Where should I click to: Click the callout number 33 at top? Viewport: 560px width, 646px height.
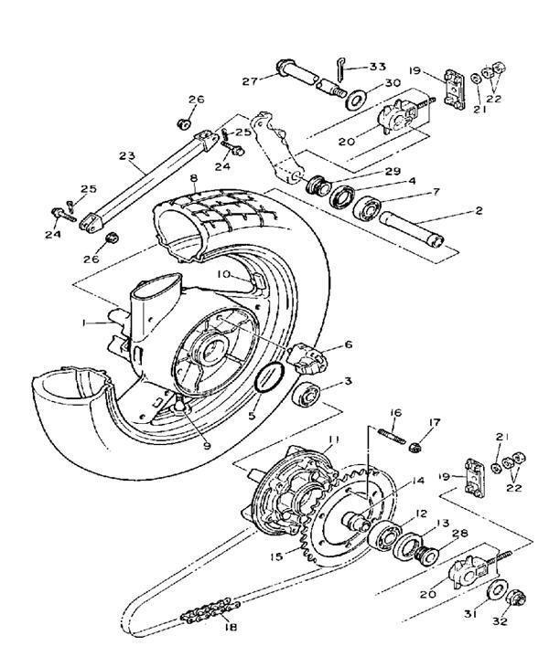tap(377, 67)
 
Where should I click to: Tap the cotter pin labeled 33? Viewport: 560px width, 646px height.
tap(339, 69)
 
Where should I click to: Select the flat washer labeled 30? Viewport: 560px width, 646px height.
tap(356, 101)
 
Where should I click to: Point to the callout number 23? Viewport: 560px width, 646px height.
tap(127, 156)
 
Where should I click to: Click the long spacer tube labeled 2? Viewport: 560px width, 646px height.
tap(412, 229)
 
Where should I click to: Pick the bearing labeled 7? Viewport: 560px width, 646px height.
tap(366, 210)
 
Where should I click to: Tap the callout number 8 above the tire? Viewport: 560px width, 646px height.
tap(194, 178)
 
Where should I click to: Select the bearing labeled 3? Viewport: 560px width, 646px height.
tap(306, 395)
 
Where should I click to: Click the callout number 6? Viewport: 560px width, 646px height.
tap(349, 344)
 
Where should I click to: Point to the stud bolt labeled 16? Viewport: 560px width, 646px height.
tap(392, 436)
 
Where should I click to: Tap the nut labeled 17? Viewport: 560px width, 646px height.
tap(415, 447)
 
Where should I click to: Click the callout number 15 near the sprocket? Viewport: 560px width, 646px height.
tap(276, 557)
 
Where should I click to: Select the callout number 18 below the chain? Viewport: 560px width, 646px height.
tap(231, 627)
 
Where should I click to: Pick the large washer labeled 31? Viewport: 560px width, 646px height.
tap(497, 590)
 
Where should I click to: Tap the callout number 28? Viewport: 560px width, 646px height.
tap(459, 533)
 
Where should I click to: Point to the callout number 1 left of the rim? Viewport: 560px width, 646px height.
tap(84, 323)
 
